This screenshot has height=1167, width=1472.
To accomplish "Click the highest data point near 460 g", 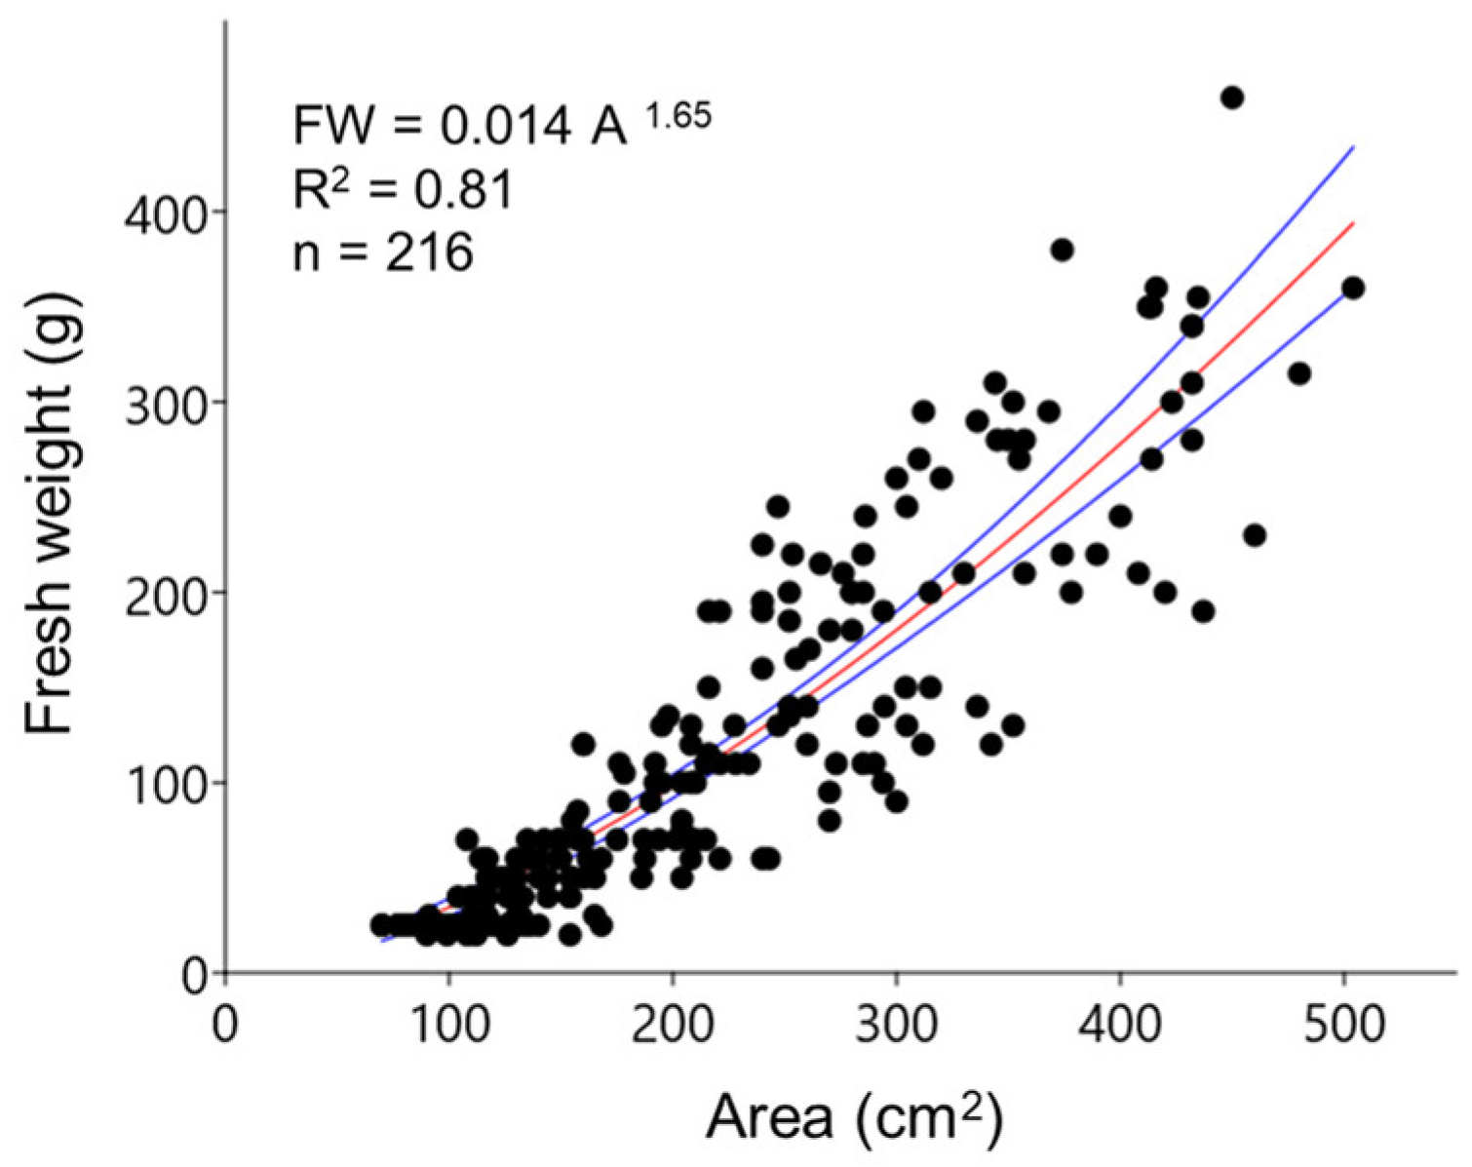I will (x=1231, y=97).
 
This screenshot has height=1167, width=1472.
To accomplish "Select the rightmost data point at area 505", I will (x=1352, y=288).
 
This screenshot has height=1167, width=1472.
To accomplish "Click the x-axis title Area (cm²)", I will (x=854, y=1117).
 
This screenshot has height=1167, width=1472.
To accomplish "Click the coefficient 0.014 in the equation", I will (x=503, y=128).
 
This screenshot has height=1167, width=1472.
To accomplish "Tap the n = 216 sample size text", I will (x=383, y=253).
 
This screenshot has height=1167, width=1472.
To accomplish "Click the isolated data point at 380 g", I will (x=1062, y=251).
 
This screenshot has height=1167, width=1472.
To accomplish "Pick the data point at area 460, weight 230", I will (x=1255, y=535).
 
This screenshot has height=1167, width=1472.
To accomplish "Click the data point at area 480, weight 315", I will (x=1298, y=373).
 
